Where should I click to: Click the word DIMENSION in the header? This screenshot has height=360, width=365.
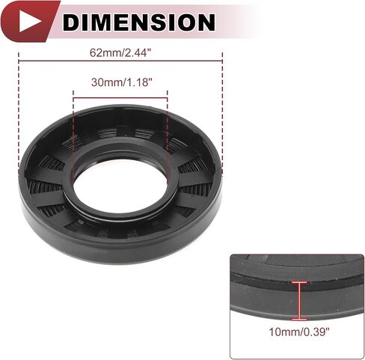(138, 22)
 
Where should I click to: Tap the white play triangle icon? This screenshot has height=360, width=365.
(28, 21)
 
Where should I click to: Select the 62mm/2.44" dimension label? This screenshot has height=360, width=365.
(120, 53)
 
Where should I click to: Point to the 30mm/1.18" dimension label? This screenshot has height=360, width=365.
(121, 82)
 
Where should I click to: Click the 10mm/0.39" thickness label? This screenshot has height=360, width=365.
(299, 332)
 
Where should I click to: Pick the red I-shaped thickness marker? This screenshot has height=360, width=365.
(299, 301)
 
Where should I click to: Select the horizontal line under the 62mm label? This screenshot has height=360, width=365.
(120, 61)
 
